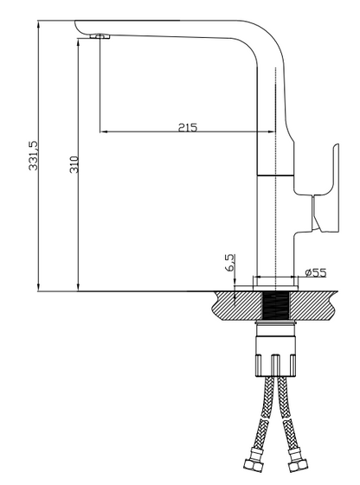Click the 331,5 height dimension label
tap(33, 156)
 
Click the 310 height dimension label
tap(74, 164)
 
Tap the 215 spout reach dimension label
tap(188, 127)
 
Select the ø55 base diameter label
tap(315, 272)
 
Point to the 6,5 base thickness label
tap(230, 263)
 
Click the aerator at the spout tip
tap(100, 36)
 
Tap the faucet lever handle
tap(325, 188)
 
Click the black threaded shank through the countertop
tap(275, 306)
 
